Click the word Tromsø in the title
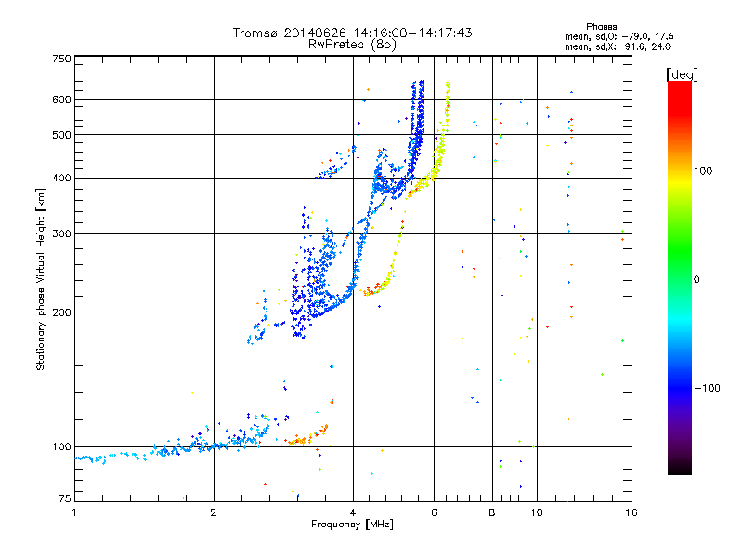(x=254, y=33)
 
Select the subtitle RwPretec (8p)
(x=352, y=45)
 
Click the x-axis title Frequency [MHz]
(x=352, y=525)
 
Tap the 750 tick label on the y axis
(x=62, y=59)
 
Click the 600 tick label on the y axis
(x=62, y=100)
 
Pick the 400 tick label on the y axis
(x=62, y=179)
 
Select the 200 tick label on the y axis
(x=62, y=312)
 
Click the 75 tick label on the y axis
(x=65, y=498)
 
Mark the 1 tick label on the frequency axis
(x=74, y=512)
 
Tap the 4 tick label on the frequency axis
(x=353, y=512)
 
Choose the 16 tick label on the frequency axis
(x=632, y=512)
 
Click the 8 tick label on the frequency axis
(x=492, y=512)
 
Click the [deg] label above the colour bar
(x=683, y=75)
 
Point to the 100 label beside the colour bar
(x=703, y=171)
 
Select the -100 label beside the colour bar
(x=708, y=388)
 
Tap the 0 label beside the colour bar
(x=697, y=280)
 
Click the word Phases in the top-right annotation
(x=601, y=27)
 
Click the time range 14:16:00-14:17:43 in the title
(x=412, y=33)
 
